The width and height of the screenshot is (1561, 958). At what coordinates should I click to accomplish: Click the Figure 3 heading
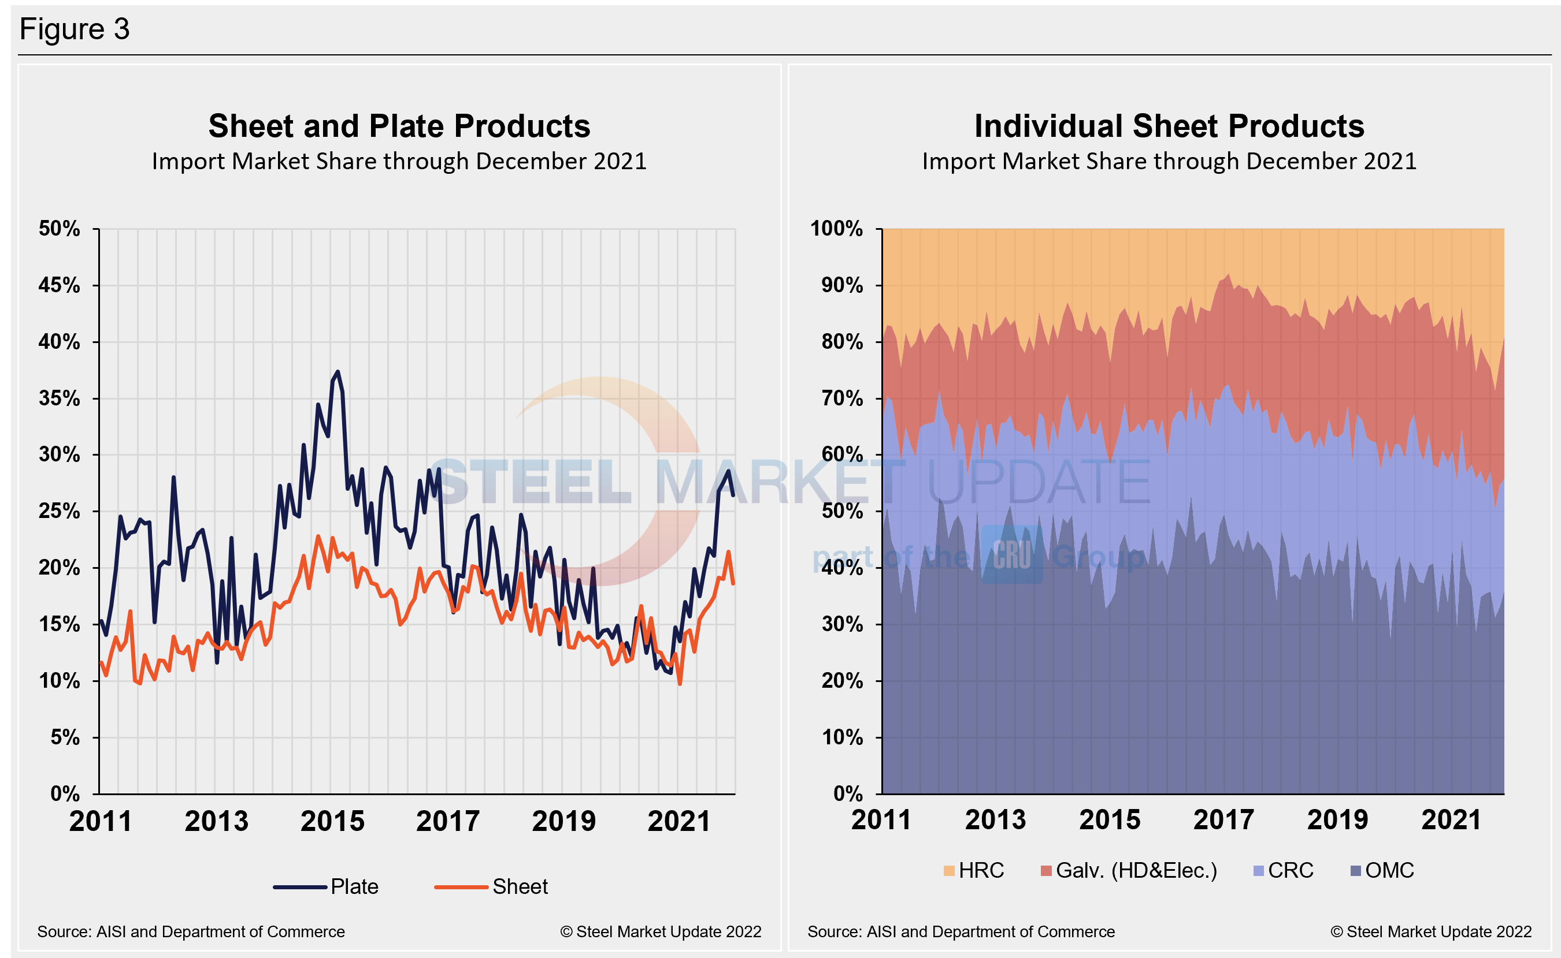[x=74, y=29]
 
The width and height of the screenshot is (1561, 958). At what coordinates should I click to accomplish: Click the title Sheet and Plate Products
[x=399, y=125]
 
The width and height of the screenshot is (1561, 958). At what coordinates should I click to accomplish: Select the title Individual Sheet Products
[x=1169, y=125]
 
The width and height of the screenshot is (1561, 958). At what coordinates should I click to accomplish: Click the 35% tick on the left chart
[x=60, y=398]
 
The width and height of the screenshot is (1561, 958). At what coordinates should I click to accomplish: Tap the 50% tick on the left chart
[x=60, y=229]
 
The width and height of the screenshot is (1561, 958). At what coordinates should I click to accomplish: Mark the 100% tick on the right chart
[x=836, y=229]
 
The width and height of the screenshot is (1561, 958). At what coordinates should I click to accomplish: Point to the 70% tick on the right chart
[x=842, y=398]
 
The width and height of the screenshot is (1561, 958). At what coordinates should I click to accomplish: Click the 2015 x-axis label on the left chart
[x=332, y=821]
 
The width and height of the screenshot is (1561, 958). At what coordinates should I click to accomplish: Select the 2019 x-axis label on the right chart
[x=1337, y=820]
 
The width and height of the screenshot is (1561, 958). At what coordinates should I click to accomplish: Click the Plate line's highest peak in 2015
[x=338, y=372]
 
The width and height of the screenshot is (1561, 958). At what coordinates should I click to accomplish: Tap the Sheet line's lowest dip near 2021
[x=680, y=684]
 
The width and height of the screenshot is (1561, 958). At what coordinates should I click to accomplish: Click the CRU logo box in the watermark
[x=1011, y=554]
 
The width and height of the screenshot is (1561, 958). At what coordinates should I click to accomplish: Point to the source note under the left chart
[x=191, y=931]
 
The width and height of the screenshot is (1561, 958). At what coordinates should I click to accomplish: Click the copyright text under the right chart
[x=1430, y=931]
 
